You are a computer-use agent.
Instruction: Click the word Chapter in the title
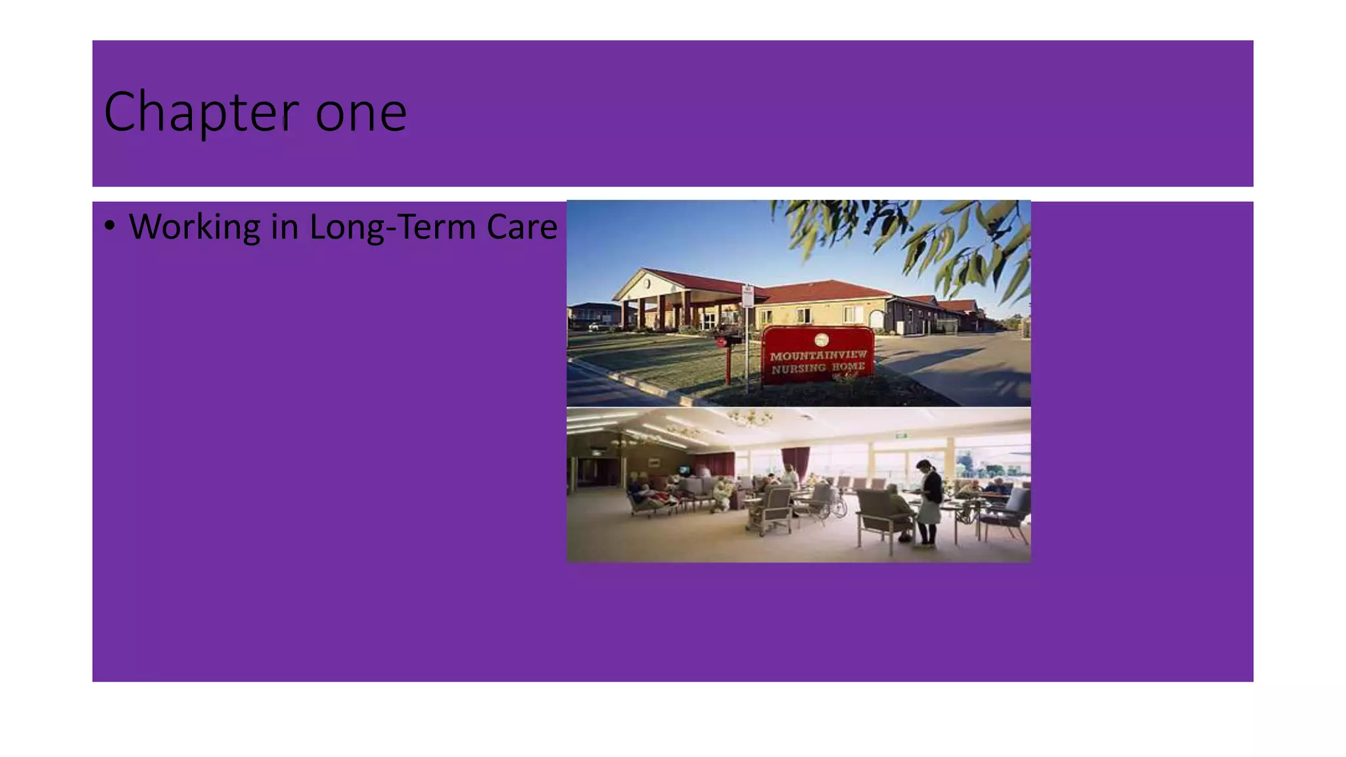[x=200, y=112]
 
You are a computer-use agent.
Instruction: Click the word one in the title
[x=361, y=114]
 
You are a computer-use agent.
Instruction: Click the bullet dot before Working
[x=110, y=225]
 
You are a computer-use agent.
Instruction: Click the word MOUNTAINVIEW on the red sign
[x=818, y=356]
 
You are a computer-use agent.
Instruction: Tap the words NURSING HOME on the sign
[x=818, y=368]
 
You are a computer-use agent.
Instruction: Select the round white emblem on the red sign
[x=821, y=340]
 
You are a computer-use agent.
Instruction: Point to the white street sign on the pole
[x=747, y=296]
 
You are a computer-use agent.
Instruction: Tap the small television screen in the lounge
[x=684, y=470]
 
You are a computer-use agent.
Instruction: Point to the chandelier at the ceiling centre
[x=750, y=417]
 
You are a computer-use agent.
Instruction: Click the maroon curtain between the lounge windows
[x=795, y=461]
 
